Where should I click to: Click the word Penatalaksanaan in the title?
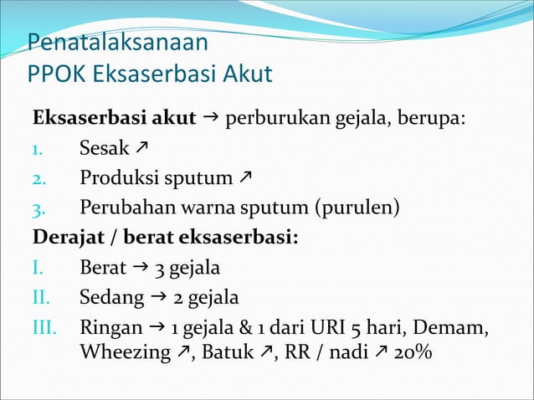(117, 42)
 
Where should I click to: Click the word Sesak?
(105, 149)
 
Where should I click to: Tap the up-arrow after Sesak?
(143, 149)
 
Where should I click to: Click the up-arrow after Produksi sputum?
(246, 177)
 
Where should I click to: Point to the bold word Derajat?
(67, 237)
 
